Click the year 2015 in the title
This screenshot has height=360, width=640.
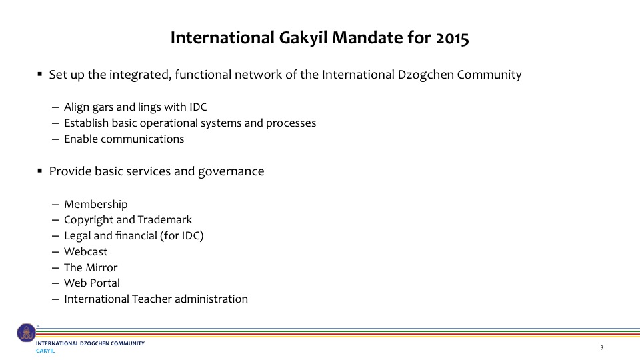452,38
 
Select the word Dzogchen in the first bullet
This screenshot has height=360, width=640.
425,75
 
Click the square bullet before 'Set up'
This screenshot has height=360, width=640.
39,74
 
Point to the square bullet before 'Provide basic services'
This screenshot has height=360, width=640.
39,171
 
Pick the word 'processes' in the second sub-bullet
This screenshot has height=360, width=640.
291,123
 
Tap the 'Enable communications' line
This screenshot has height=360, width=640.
124,139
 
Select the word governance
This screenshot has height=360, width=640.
231,171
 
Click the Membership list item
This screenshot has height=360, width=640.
96,204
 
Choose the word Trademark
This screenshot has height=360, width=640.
165,219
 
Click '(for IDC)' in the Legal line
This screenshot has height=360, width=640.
181,236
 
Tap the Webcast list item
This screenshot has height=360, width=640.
86,251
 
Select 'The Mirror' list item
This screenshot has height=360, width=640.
91,267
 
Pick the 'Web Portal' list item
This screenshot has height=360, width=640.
92,283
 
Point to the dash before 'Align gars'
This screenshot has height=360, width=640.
55,108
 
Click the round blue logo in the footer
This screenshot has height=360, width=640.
27,333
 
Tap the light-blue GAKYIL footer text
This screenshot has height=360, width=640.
45,351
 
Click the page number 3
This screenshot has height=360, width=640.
601,348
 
